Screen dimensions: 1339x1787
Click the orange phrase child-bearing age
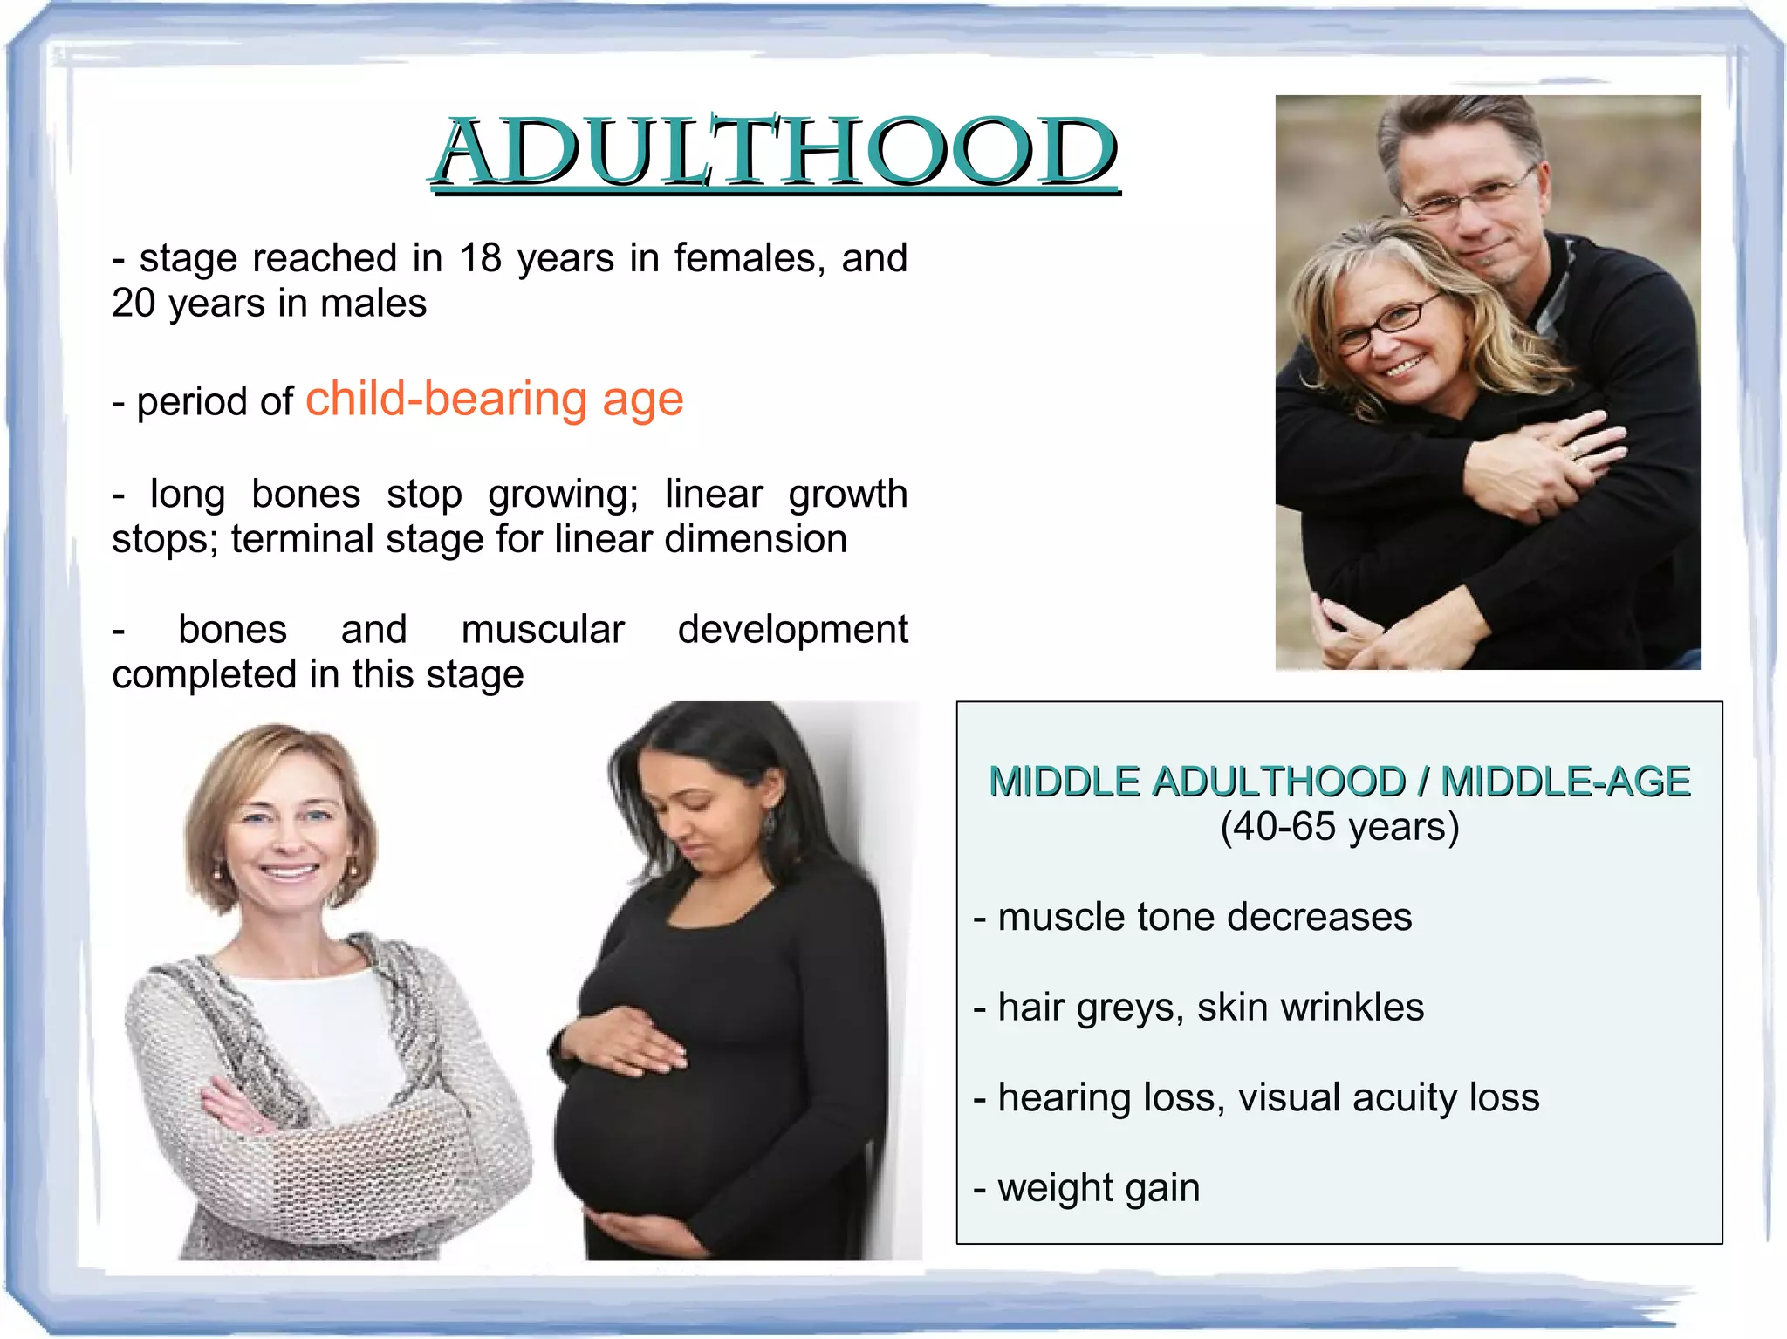click(x=494, y=400)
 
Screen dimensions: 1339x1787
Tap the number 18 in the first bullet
click(x=480, y=258)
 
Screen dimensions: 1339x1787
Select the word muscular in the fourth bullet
click(x=543, y=630)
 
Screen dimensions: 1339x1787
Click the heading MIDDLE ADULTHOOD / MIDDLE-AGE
click(x=1339, y=782)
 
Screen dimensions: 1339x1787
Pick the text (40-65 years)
click(x=1339, y=827)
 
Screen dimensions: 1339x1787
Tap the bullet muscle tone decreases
click(x=1193, y=918)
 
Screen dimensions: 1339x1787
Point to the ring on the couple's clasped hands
click(x=1575, y=451)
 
